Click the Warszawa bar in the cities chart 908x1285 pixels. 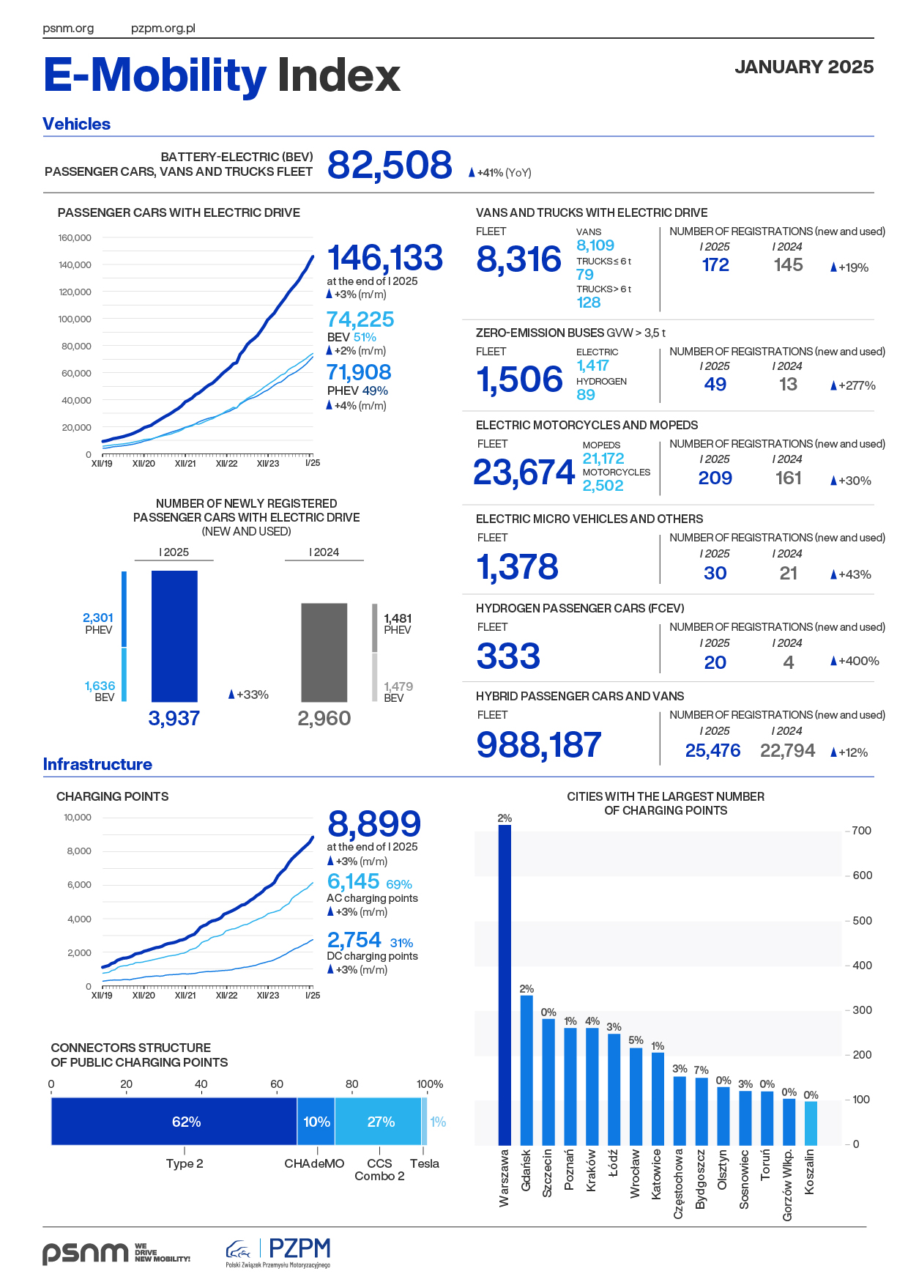[x=505, y=985]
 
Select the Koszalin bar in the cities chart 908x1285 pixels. [x=811, y=1123]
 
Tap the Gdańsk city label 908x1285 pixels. [x=526, y=1170]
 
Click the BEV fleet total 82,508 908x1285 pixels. [x=390, y=165]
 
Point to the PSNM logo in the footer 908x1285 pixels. [x=86, y=1253]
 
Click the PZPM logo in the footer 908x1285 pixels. [x=279, y=1252]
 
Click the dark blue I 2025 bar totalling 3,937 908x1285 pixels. [x=174, y=636]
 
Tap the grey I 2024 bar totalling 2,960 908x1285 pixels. [x=324, y=652]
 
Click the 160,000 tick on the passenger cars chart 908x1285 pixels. [x=75, y=238]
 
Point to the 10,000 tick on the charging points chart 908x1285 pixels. [x=78, y=818]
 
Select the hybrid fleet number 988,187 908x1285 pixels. [x=539, y=745]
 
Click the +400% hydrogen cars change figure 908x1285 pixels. [x=855, y=661]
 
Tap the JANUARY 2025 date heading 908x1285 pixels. [x=804, y=67]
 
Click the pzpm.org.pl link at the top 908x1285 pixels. [x=163, y=29]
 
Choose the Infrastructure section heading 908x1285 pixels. [x=97, y=764]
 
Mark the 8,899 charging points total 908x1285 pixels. [x=374, y=824]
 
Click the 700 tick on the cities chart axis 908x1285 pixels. [x=862, y=831]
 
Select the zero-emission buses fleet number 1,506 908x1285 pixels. [x=519, y=379]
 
